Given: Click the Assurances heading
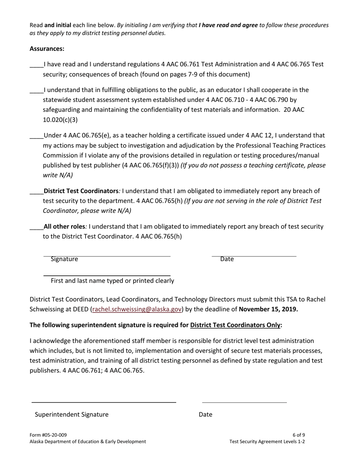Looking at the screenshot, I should (x=47, y=49).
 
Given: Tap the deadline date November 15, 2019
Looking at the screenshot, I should (x=268, y=309).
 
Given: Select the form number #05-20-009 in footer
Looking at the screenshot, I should (x=48, y=435).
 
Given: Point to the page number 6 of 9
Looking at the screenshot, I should (x=299, y=435).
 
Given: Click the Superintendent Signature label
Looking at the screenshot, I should (x=72, y=414).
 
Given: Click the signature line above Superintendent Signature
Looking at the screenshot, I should (x=104, y=402).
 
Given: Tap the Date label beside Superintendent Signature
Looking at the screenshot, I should (x=205, y=414).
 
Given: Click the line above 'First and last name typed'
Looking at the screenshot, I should (x=107, y=275).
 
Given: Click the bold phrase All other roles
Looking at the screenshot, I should (x=64, y=227).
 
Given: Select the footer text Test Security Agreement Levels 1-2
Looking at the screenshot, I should (x=267, y=441).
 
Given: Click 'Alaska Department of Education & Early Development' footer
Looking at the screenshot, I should (x=88, y=441).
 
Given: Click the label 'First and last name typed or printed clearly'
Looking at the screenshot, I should (x=112, y=281).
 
